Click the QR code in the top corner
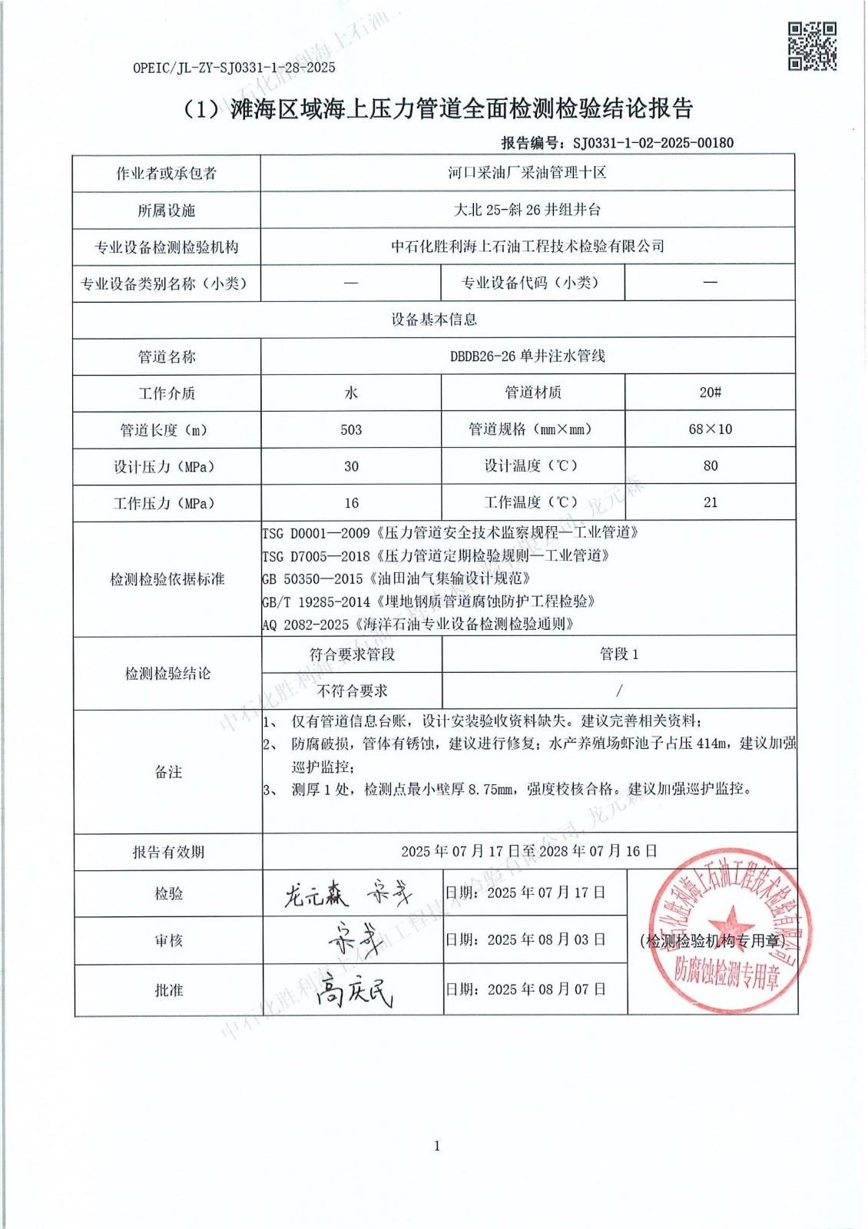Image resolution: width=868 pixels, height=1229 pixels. click(x=813, y=46)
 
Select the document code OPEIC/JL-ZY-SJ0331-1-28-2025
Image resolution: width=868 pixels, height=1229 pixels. click(x=234, y=68)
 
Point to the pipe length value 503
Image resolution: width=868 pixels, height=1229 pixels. click(x=351, y=429)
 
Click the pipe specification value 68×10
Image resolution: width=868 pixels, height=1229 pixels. click(x=710, y=429)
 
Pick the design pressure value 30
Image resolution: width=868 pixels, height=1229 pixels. click(x=351, y=466)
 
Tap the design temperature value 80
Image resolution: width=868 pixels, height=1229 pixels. click(x=710, y=466)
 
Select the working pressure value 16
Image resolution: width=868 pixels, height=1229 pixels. click(x=351, y=503)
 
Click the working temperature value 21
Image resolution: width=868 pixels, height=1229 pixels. click(x=710, y=502)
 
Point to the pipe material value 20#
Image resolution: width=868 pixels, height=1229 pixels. click(x=710, y=393)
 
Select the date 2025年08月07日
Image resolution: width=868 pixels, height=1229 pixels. click(x=546, y=989)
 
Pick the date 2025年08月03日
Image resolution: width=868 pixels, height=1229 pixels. click(x=546, y=939)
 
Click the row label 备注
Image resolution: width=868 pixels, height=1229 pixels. click(x=168, y=772)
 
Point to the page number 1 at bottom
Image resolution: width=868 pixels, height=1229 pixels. click(x=437, y=1146)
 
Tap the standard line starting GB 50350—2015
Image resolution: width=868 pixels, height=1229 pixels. click(x=396, y=578)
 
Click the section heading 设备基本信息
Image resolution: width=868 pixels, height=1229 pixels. click(x=434, y=320)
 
